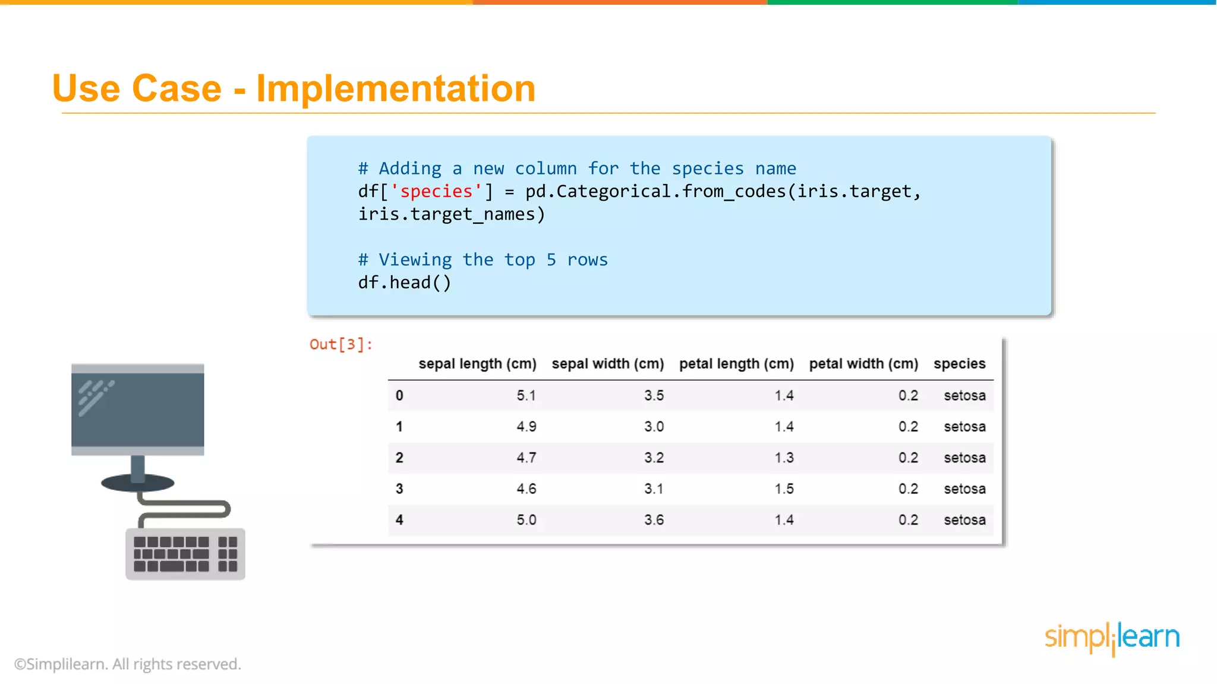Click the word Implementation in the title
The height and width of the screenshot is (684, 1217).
pyautogui.click(x=396, y=89)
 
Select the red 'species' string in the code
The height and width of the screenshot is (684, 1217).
pyautogui.click(x=436, y=191)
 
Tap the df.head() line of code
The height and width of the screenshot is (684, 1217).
pyautogui.click(x=404, y=283)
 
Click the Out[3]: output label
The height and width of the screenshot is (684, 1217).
pyautogui.click(x=340, y=344)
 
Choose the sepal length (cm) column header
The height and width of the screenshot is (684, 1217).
pyautogui.click(x=477, y=363)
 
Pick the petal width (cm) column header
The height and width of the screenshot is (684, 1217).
pyautogui.click(x=863, y=363)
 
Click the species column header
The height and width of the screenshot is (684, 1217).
pyautogui.click(x=959, y=363)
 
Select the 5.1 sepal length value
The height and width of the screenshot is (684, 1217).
pyautogui.click(x=526, y=395)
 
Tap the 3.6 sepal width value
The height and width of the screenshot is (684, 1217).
pyautogui.click(x=654, y=520)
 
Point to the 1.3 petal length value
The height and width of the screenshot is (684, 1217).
pyautogui.click(x=784, y=458)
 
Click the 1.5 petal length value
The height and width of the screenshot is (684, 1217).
pyautogui.click(x=784, y=489)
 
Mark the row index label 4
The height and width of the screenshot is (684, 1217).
pyautogui.click(x=399, y=520)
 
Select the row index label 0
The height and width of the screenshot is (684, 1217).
pyautogui.click(x=399, y=395)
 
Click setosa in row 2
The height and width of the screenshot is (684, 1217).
pyautogui.click(x=964, y=458)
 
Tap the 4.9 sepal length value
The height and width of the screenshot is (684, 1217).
pyautogui.click(x=526, y=426)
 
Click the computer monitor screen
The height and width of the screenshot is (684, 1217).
pyautogui.click(x=138, y=410)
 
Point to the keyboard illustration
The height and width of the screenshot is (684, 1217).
pyautogui.click(x=185, y=554)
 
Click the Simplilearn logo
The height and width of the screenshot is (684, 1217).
pyautogui.click(x=1112, y=638)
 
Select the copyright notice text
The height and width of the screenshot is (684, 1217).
pyautogui.click(x=128, y=664)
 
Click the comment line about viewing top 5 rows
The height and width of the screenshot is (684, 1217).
pyautogui.click(x=483, y=259)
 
